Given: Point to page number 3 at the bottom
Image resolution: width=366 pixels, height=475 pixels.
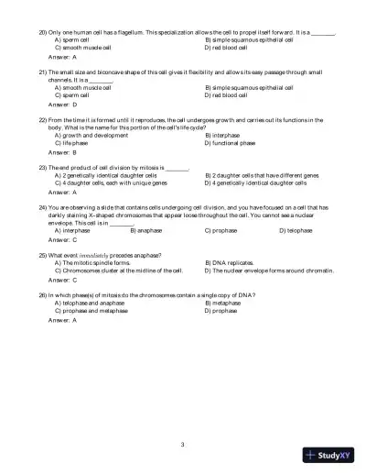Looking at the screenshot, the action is point(183,445).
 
